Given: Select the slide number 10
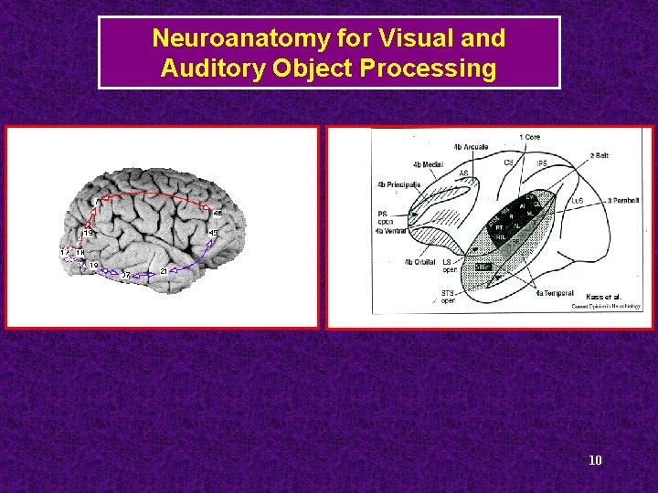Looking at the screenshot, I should pyautogui.click(x=595, y=459).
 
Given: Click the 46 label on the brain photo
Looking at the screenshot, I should pyautogui.click(x=218, y=214).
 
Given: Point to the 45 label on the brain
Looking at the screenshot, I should pyautogui.click(x=213, y=234).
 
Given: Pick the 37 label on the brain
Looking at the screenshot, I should pyautogui.click(x=125, y=275).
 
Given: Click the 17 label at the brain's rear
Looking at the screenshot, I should pyautogui.click(x=64, y=252).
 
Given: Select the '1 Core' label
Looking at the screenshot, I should pyautogui.click(x=529, y=137).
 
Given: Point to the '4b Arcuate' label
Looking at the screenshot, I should pyautogui.click(x=470, y=146).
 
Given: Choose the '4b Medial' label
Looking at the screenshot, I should pyautogui.click(x=428, y=164).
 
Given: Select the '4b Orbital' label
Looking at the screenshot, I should pyautogui.click(x=419, y=262).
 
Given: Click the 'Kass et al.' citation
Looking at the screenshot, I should pyautogui.click(x=603, y=297).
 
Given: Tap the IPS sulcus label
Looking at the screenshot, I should pyautogui.click(x=542, y=163).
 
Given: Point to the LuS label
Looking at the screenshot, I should pyautogui.click(x=577, y=200).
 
